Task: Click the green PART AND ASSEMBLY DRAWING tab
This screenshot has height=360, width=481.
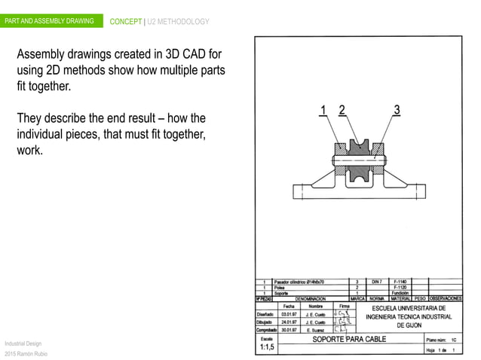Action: pos(49,21)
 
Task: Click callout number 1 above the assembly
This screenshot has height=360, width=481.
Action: pos(323,111)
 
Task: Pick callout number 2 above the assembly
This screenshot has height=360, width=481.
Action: pos(342,111)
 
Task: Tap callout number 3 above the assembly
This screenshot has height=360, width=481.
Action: pos(397,111)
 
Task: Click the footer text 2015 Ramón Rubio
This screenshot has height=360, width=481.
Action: pos(25,353)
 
